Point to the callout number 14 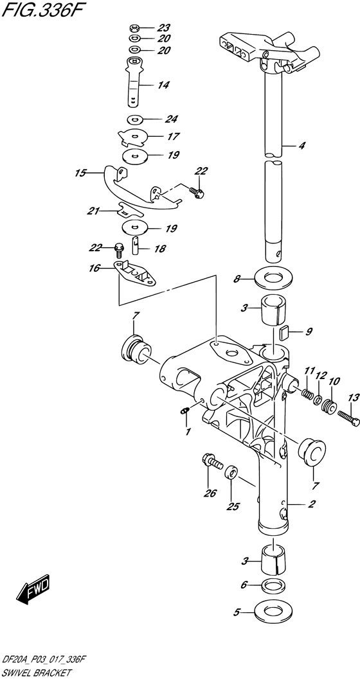163,85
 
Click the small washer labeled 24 135,119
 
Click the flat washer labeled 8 272,279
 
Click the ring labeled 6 272,585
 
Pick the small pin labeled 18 136,244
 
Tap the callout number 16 95,269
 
